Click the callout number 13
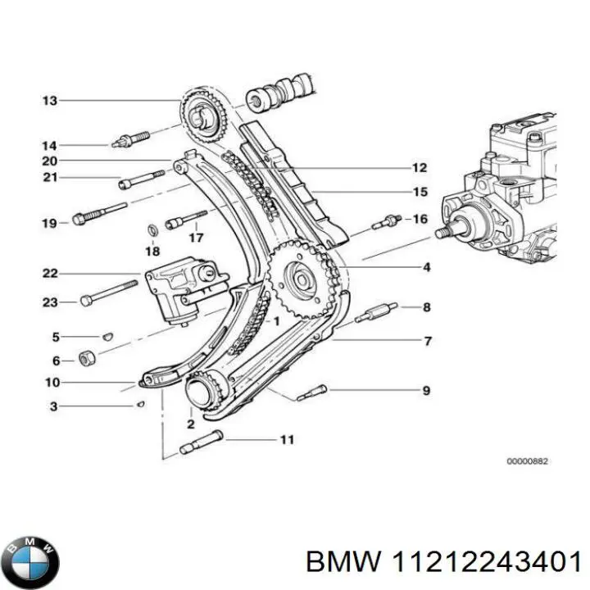(x=50, y=101)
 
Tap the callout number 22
(x=50, y=274)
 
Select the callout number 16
(x=420, y=219)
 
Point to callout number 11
(x=286, y=440)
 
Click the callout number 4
(x=426, y=267)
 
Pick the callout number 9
(x=426, y=391)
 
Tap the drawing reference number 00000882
(x=527, y=461)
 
